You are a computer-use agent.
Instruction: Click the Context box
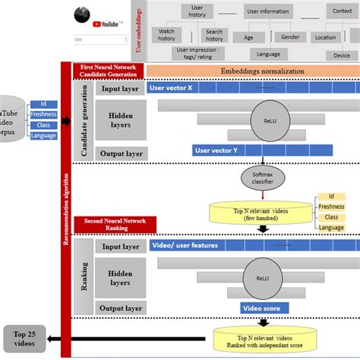coord(341,11)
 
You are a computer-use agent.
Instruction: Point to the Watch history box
coord(166,35)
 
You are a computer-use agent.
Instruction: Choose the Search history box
coord(214,35)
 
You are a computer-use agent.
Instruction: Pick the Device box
coord(341,55)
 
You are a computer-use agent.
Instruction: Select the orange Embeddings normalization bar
coord(252,71)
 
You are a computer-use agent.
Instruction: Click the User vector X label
coord(172,88)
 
